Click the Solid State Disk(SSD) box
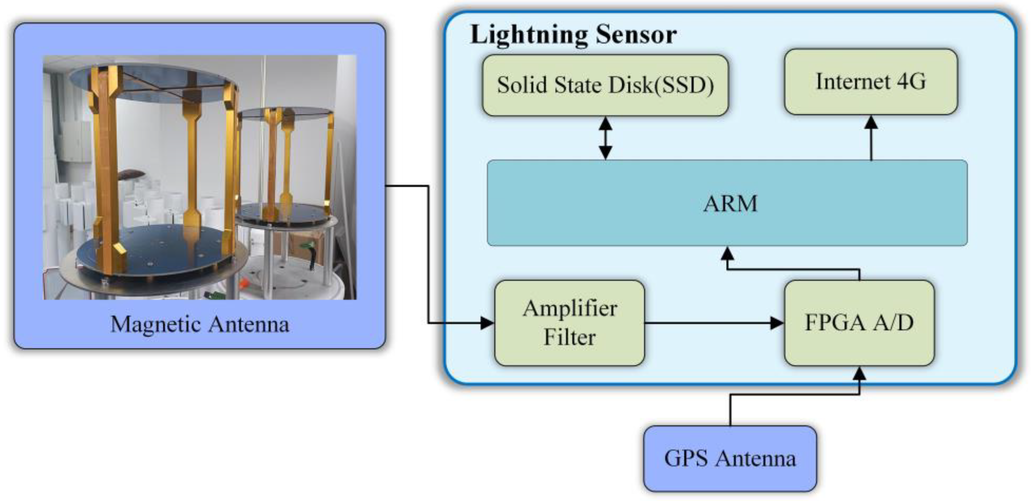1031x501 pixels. pos(605,85)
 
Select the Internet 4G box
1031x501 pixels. pos(870,82)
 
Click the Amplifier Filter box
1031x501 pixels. pos(569,323)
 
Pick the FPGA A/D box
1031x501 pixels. pos(859,323)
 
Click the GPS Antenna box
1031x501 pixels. pos(730,458)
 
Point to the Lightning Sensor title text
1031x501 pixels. pos(573,34)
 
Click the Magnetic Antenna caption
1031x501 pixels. pos(199,324)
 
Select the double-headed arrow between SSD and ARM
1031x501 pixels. pos(605,138)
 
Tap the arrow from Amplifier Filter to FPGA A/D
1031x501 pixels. pos(712,323)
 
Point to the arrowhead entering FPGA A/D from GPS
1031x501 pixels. pos(859,374)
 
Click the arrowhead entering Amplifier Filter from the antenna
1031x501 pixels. pos(487,323)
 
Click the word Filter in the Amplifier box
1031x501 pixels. pos(569,337)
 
